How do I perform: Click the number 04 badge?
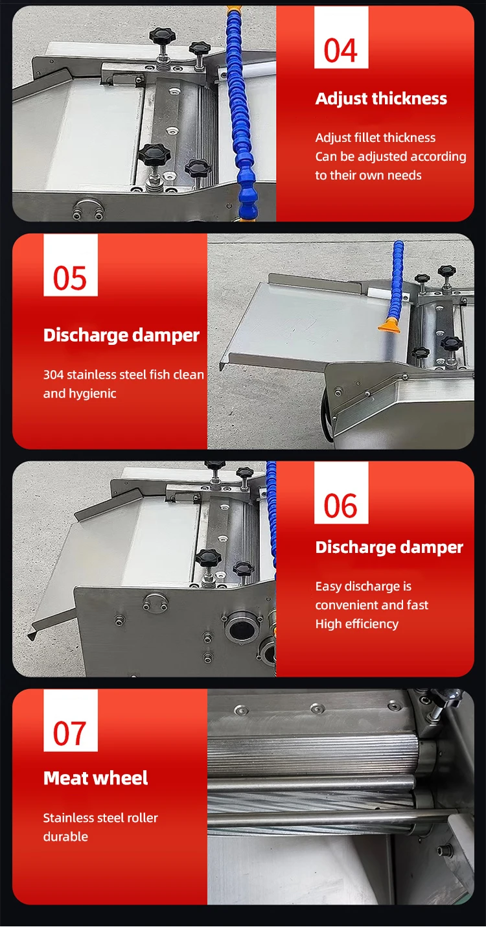(341, 49)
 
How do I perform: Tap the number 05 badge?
(70, 277)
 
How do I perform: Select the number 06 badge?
(341, 505)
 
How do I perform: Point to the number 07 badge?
(70, 733)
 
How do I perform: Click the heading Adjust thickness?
(381, 99)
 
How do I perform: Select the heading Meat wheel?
(96, 778)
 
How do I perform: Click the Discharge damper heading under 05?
(121, 335)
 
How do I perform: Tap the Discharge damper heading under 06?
(389, 547)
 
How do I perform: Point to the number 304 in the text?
(53, 374)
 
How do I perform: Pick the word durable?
(65, 836)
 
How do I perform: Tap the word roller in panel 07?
(142, 817)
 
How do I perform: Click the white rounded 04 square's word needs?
(405, 175)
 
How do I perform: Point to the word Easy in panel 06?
(328, 586)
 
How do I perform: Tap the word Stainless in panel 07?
(67, 817)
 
